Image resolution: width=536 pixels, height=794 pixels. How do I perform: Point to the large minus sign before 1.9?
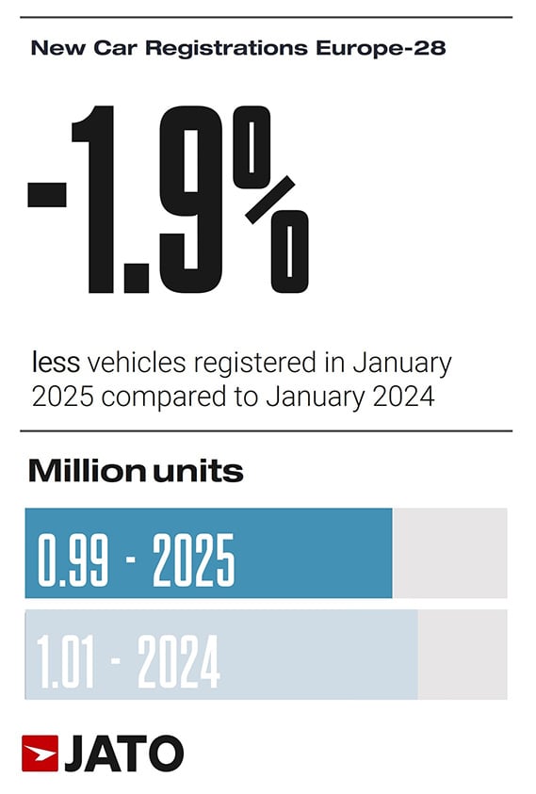[x=47, y=193]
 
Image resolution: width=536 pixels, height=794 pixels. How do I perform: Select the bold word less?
[x=57, y=362]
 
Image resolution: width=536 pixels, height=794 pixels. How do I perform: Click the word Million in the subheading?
[x=87, y=471]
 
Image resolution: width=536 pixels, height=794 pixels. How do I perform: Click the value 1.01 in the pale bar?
[x=65, y=662]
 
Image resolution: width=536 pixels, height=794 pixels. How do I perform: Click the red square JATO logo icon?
[x=40, y=753]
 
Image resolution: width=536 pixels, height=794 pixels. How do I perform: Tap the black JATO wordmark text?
[x=123, y=753]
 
